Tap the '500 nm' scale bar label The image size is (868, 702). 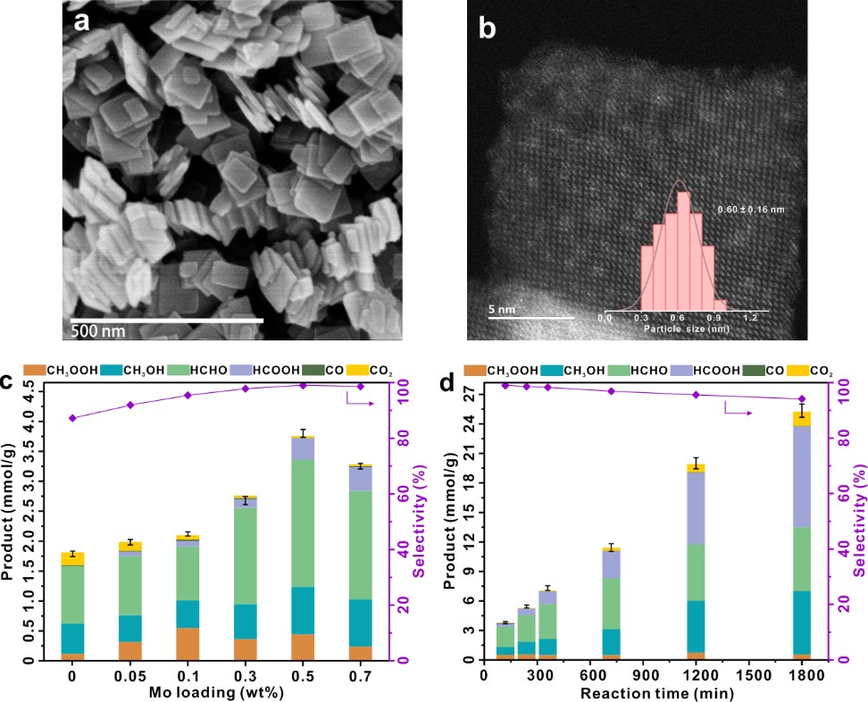98,331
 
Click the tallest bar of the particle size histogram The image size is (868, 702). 684,250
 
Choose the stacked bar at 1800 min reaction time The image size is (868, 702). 801,536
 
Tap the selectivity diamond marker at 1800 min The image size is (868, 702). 801,399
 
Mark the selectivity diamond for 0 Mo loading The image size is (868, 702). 72,418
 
